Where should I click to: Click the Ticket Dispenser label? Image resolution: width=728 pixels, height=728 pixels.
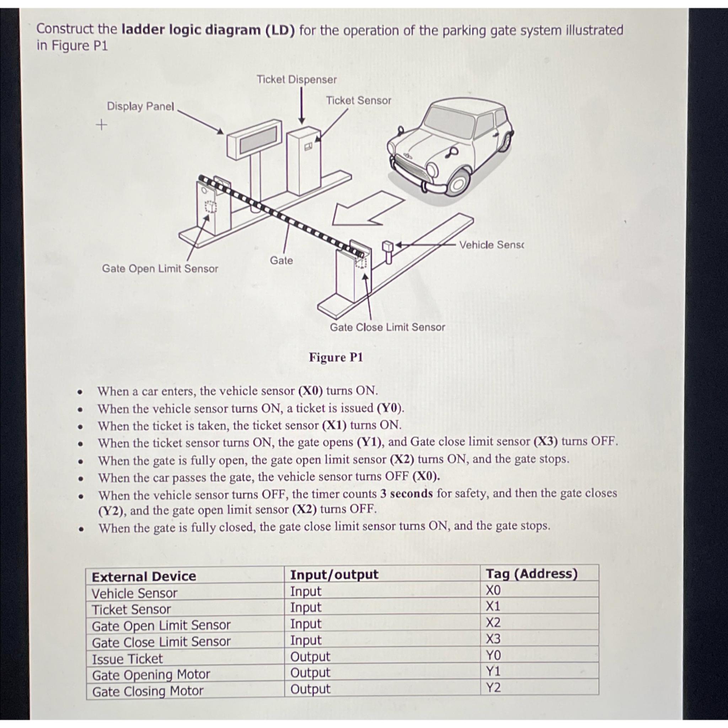pyautogui.click(x=296, y=80)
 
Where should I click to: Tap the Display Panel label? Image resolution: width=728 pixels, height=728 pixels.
pyautogui.click(x=140, y=106)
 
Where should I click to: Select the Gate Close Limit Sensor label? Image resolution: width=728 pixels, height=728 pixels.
pyautogui.click(x=387, y=327)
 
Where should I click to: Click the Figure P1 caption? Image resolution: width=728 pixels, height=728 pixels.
pyautogui.click(x=336, y=357)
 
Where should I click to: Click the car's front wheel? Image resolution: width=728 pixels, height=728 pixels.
pyautogui.click(x=459, y=183)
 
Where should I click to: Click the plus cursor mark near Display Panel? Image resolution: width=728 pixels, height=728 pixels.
pyautogui.click(x=101, y=124)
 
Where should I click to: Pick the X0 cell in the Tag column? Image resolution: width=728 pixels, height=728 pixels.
pyautogui.click(x=493, y=590)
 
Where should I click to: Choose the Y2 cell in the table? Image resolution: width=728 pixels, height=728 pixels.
pyautogui.click(x=493, y=688)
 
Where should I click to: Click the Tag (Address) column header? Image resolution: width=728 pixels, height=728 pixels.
pyautogui.click(x=531, y=573)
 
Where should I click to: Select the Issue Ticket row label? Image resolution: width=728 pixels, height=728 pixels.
pyautogui.click(x=127, y=659)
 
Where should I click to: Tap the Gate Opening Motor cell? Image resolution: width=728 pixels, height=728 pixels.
pyautogui.click(x=151, y=674)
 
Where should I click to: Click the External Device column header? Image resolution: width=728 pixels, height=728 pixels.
pyautogui.click(x=144, y=577)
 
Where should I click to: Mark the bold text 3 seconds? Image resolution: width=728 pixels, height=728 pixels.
pyautogui.click(x=406, y=493)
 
